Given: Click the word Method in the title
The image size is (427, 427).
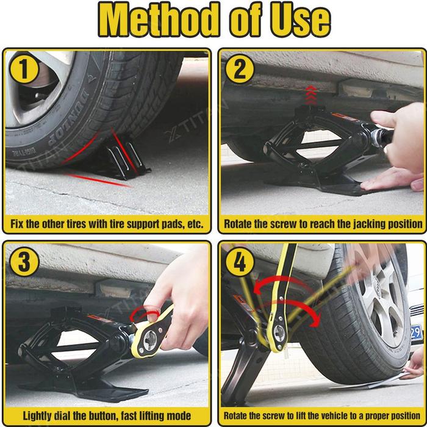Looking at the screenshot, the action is pyautogui.click(x=159, y=19).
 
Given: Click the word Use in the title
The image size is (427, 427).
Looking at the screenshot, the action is pyautogui.click(x=301, y=20).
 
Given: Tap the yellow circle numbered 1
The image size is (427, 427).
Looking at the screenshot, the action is pyautogui.click(x=24, y=69).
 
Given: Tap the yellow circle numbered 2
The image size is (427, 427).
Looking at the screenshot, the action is pyautogui.click(x=240, y=69).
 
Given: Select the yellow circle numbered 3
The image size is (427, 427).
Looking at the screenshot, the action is pyautogui.click(x=24, y=262).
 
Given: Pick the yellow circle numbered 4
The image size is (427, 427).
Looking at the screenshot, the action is pyautogui.click(x=240, y=262).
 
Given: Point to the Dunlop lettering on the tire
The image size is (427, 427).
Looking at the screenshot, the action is pyautogui.click(x=68, y=117).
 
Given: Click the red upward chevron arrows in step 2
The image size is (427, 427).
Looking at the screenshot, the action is pyautogui.click(x=311, y=95).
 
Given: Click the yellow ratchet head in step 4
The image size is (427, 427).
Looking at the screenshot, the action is pyautogui.click(x=278, y=333).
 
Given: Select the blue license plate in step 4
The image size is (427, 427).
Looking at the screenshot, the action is pyautogui.click(x=417, y=332).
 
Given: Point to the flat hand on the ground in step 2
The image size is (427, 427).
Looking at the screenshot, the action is pyautogui.click(x=392, y=180).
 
